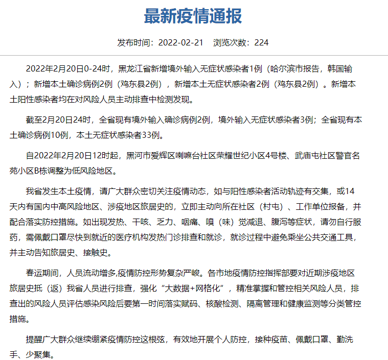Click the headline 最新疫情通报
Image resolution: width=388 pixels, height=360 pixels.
[x=193, y=16]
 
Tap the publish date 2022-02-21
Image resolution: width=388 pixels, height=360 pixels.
[x=181, y=42]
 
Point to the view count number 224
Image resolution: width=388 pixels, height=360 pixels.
[x=261, y=42]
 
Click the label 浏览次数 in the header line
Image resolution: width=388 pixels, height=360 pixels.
[x=231, y=42]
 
